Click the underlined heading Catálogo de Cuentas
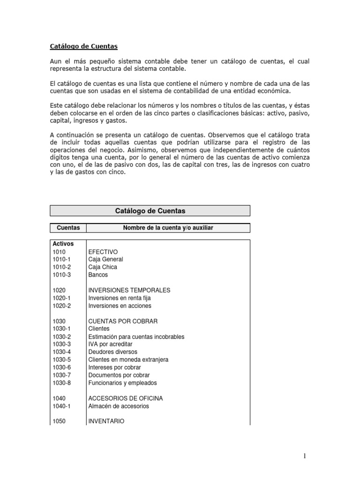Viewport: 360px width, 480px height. (x=83, y=46)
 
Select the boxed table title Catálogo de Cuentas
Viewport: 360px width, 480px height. (x=150, y=211)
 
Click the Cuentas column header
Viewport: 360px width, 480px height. (x=68, y=228)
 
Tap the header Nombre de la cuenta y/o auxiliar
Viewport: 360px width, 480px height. (x=168, y=228)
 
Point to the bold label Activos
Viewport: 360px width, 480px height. (x=63, y=244)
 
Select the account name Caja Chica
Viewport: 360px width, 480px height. (x=103, y=267)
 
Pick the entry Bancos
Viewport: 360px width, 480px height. (x=97, y=275)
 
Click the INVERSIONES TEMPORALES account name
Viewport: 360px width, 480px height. (x=129, y=290)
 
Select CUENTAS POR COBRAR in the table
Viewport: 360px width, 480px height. (x=123, y=321)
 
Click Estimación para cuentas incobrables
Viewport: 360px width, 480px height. (x=136, y=337)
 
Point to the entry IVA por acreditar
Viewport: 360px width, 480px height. (x=110, y=344)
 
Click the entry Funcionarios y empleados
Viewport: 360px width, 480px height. (x=122, y=382)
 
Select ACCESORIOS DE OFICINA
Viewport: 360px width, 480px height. (x=125, y=398)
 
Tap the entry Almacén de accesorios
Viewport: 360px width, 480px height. (x=119, y=406)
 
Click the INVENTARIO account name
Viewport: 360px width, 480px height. (x=106, y=421)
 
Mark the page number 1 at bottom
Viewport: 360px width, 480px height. (x=304, y=456)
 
